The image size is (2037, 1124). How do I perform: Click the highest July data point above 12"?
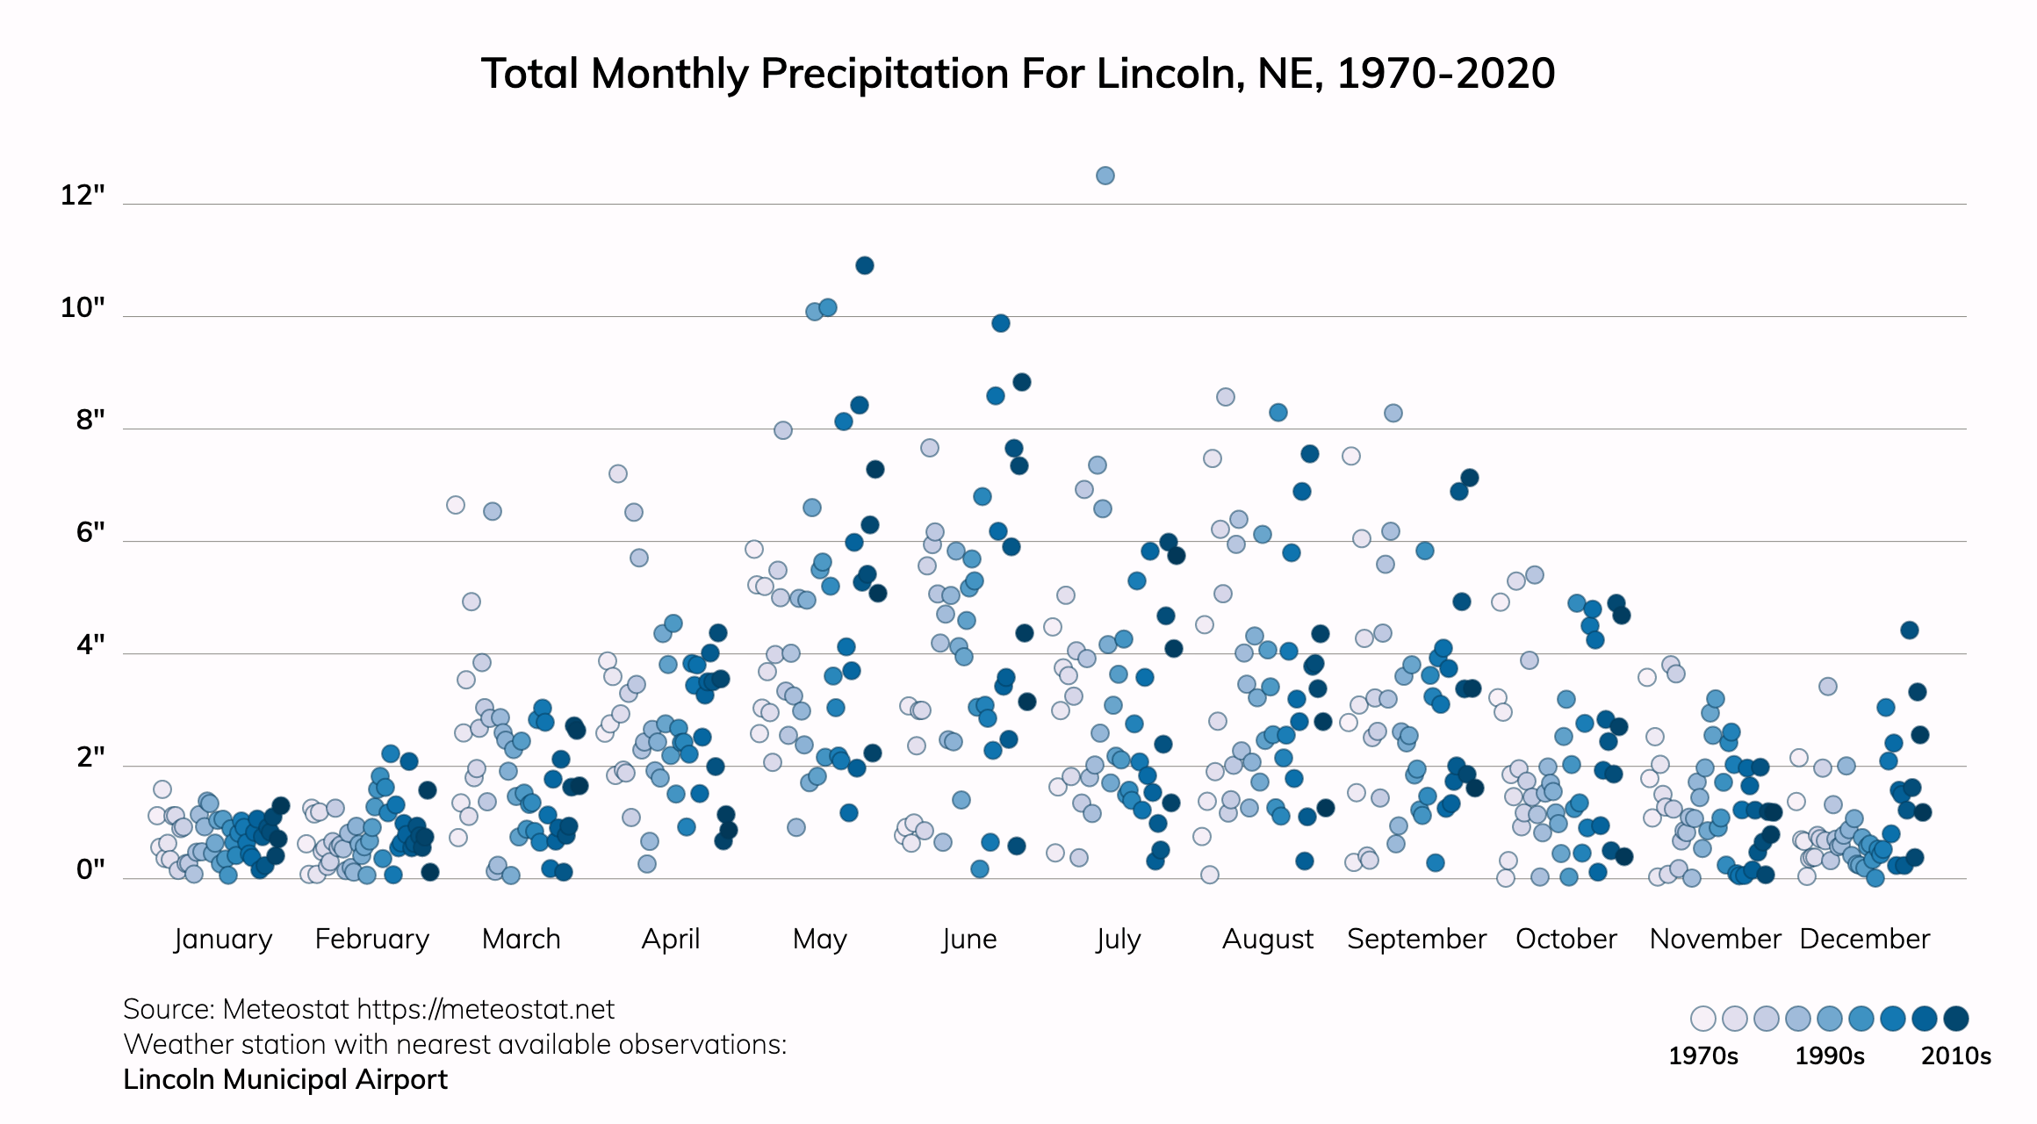coord(1105,176)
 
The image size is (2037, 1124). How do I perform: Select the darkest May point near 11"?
coord(865,265)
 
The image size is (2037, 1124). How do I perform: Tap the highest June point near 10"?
coord(1001,323)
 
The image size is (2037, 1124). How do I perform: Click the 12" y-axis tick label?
coord(83,195)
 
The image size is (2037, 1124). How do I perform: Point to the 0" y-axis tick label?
coord(90,869)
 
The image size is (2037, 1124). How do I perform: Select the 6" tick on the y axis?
coord(90,532)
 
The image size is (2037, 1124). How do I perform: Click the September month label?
coord(1416,939)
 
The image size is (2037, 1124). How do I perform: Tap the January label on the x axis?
coord(223,939)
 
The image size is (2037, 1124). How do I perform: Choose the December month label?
coord(1865,939)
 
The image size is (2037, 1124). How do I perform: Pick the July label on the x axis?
coord(1119,939)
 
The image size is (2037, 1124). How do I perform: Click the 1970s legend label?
coord(1703,1056)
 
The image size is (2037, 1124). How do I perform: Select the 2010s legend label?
coord(1956,1056)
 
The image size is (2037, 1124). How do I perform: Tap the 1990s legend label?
coord(1830,1056)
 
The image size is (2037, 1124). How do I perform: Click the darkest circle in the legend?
coord(1956,1019)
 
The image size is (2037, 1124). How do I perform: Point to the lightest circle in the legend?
coord(1703,1019)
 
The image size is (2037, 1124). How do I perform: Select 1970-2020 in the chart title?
coord(1446,74)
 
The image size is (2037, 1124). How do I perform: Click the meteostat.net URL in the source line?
coord(486,1010)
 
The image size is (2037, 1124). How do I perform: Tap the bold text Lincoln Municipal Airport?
coord(285,1079)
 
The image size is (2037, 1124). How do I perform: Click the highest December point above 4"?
coord(1910,630)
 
